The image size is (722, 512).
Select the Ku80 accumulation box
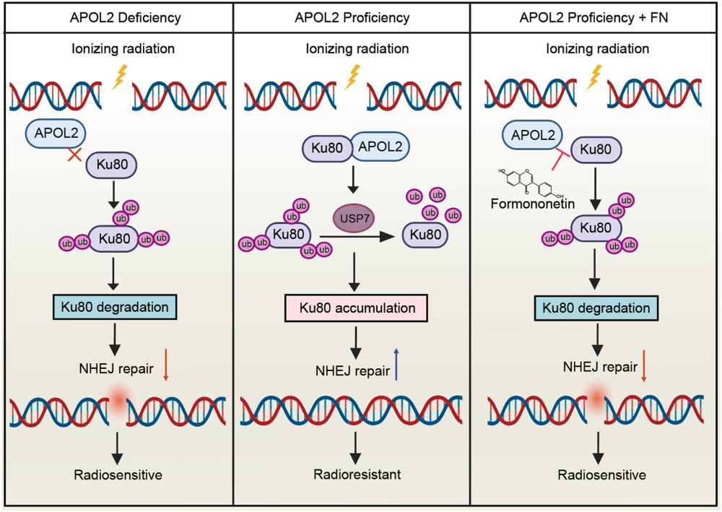353,308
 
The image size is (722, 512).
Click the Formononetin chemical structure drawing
531,181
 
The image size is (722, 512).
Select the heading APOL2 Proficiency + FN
594,17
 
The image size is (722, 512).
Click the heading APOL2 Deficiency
118,17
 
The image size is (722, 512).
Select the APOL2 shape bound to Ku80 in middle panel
378,148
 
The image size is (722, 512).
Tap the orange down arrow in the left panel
165,365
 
